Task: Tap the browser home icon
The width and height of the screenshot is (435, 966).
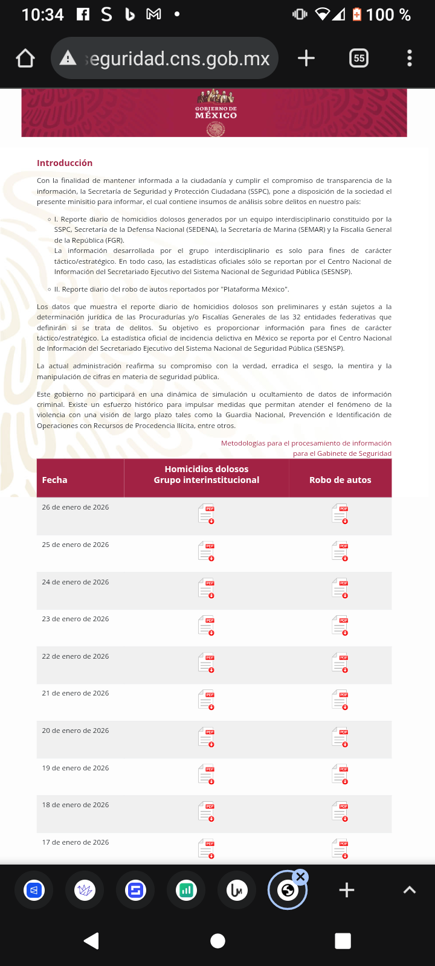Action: pyautogui.click(x=25, y=59)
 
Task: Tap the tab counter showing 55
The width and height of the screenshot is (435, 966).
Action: pyautogui.click(x=359, y=59)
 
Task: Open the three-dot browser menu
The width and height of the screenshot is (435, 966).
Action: pyautogui.click(x=410, y=59)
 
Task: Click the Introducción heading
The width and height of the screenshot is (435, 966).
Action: pyautogui.click(x=65, y=163)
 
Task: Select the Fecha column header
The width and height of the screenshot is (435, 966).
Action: pyautogui.click(x=54, y=480)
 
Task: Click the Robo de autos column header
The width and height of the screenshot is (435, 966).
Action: pyautogui.click(x=340, y=480)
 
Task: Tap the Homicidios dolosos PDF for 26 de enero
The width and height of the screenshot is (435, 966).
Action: pyautogui.click(x=207, y=514)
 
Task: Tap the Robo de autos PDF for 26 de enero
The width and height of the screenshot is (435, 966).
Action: pyautogui.click(x=340, y=514)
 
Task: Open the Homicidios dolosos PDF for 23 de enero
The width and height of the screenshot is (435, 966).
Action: pyautogui.click(x=207, y=625)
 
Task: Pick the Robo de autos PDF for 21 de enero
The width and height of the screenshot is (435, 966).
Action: pyautogui.click(x=340, y=700)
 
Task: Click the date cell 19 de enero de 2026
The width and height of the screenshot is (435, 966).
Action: pyautogui.click(x=76, y=768)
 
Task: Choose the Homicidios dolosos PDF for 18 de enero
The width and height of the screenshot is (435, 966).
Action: pyautogui.click(x=207, y=811)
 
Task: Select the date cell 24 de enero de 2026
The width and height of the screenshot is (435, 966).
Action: pyautogui.click(x=76, y=582)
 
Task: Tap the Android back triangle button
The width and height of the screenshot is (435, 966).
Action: pyautogui.click(x=91, y=941)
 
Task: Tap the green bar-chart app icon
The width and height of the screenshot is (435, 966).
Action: pyautogui.click(x=186, y=890)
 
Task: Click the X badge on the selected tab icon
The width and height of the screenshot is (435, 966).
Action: pyautogui.click(x=301, y=877)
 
